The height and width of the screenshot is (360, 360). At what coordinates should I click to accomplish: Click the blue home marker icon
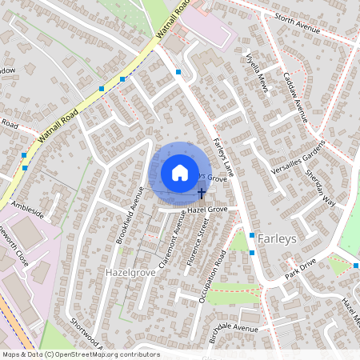(179, 173)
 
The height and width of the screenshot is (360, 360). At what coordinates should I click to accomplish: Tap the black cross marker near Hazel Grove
(201, 193)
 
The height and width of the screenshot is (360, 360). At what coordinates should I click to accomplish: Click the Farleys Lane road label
(223, 155)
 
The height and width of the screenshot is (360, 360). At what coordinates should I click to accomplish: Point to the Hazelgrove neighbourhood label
(129, 273)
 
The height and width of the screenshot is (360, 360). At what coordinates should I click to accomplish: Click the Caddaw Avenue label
(295, 97)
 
